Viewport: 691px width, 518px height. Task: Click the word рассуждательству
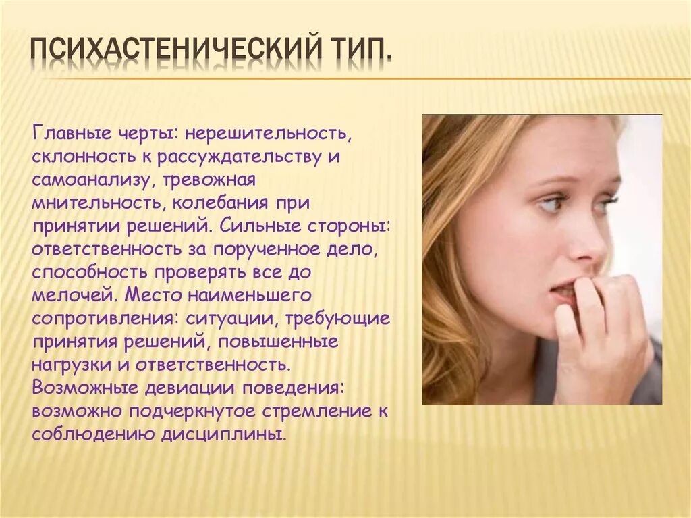[x=244, y=157]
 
